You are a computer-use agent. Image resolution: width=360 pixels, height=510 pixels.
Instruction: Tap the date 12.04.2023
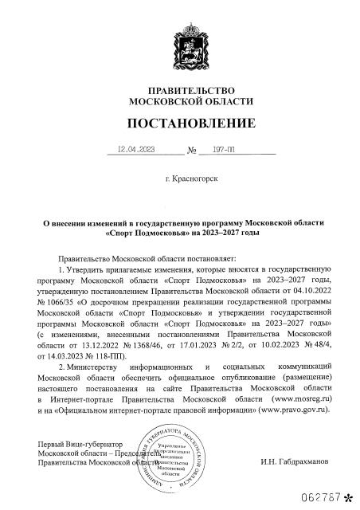click(x=134, y=149)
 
